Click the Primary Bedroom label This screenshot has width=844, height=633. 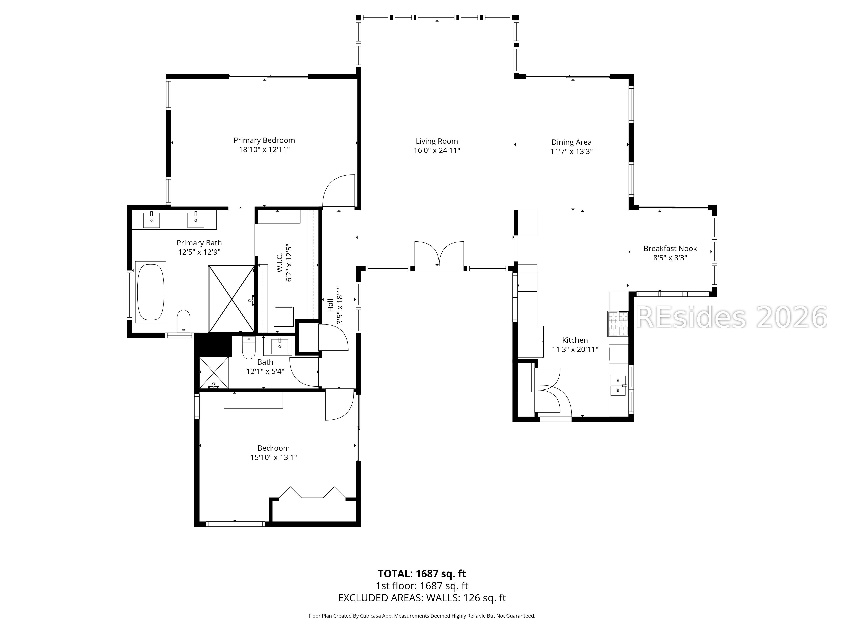point(264,140)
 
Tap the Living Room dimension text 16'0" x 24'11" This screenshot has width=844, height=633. point(437,150)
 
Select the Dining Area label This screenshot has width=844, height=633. point(571,142)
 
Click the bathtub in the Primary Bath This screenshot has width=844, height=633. point(151,292)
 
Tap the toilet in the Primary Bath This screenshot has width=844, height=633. point(184,321)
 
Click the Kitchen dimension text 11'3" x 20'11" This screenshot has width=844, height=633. point(575,349)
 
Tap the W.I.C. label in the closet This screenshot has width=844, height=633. point(280,263)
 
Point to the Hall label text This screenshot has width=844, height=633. point(330,305)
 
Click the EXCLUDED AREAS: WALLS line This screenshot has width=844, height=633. point(422,598)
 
